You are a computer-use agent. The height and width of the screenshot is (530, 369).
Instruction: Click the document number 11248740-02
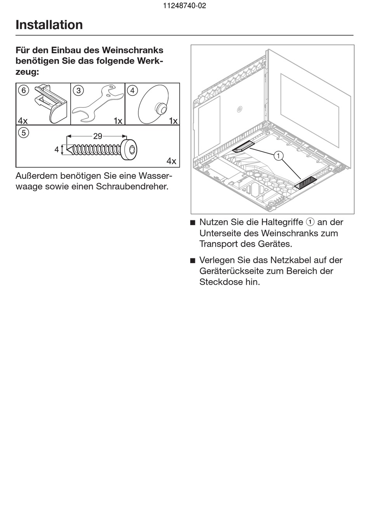coord(184,6)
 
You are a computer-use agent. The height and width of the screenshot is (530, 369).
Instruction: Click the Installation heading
coord(49,25)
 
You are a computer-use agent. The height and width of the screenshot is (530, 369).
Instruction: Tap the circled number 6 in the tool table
coord(23,91)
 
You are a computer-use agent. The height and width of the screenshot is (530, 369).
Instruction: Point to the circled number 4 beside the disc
coord(132,91)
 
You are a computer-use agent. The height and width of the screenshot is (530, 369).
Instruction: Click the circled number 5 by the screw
coord(23,133)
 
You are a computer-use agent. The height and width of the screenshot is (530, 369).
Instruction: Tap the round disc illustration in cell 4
coord(153,105)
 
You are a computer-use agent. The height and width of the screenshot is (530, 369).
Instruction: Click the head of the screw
coord(129,150)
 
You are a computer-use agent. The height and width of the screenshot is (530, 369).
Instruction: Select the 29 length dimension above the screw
coord(97,136)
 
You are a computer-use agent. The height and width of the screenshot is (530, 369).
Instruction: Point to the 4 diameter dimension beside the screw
coord(57,149)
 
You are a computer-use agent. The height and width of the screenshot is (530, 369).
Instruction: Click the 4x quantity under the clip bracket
coord(23,121)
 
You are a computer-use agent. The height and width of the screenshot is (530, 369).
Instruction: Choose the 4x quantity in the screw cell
coord(171,161)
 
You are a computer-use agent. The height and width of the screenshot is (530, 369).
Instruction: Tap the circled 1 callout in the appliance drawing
coord(278,156)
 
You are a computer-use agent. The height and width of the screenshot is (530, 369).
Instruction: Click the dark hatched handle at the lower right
coord(306,182)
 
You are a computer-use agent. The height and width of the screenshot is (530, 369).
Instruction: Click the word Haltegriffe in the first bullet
coord(282,222)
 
